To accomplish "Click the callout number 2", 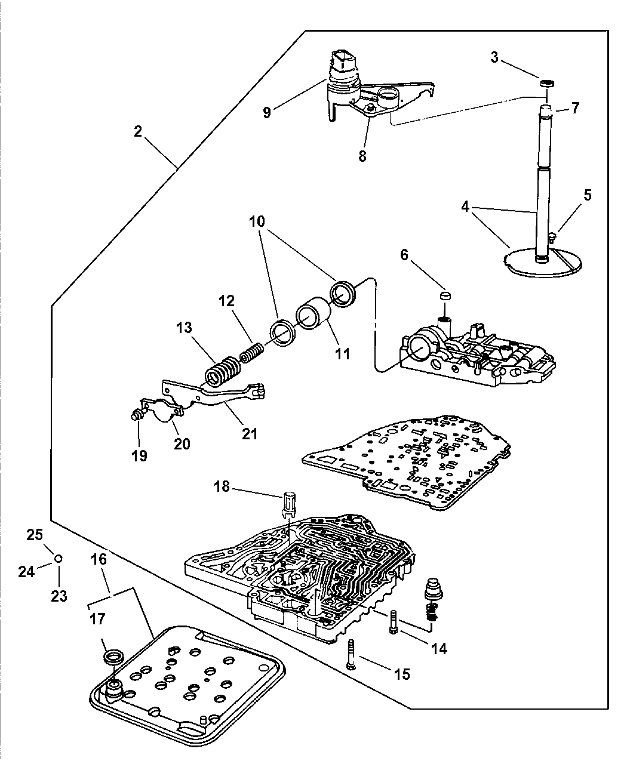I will click(x=138, y=131).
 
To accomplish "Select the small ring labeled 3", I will click(x=546, y=82).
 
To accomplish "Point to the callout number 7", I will click(x=574, y=108).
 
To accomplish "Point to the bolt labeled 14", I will click(x=393, y=623).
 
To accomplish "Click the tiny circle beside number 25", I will click(x=58, y=558).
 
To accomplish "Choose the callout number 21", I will click(x=249, y=433).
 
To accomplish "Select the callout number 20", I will click(x=182, y=443).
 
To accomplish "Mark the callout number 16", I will click(x=99, y=559).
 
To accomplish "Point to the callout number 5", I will click(x=588, y=195).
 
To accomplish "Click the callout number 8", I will click(x=362, y=157).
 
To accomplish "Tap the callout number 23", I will click(x=59, y=595).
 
